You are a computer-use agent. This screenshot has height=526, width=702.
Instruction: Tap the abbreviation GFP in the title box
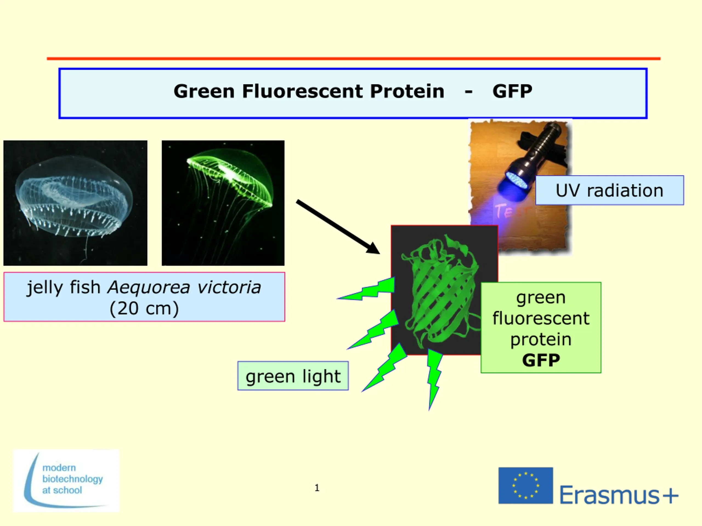[512, 91]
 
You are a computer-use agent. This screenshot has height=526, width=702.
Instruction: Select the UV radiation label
[609, 190]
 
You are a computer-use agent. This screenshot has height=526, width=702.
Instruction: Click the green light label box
[293, 376]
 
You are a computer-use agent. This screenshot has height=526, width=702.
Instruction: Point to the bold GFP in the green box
[541, 360]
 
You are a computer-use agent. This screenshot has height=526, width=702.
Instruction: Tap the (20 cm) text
[144, 308]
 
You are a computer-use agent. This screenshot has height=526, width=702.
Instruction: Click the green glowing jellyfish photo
[223, 203]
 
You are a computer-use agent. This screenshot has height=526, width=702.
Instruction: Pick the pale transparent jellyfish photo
[75, 203]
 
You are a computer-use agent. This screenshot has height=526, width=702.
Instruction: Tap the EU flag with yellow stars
[526, 485]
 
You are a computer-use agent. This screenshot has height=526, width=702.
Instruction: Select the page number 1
[317, 488]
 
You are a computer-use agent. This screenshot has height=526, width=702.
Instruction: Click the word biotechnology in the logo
[73, 479]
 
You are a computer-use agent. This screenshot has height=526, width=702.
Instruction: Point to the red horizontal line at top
[353, 59]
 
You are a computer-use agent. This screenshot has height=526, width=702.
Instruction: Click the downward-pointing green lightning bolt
[434, 379]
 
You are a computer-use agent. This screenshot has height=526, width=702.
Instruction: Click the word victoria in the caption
[229, 288]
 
